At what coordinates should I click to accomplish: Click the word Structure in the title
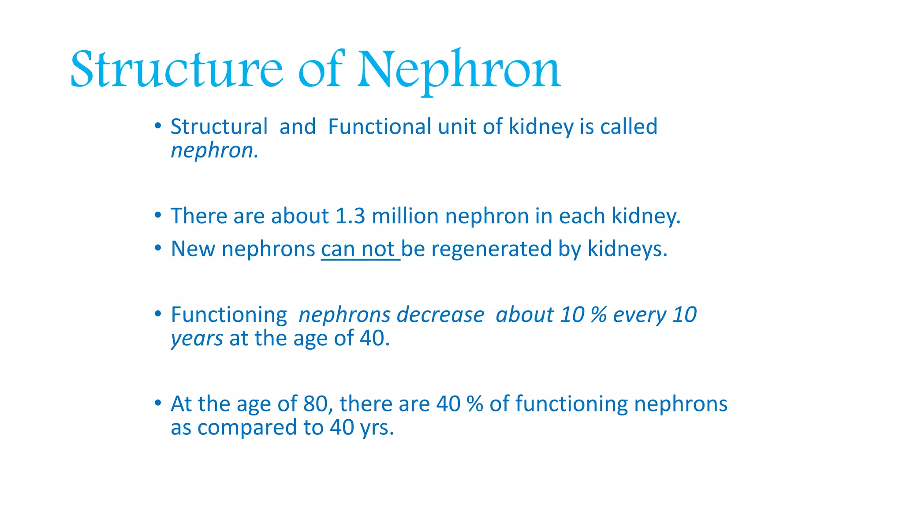(x=176, y=70)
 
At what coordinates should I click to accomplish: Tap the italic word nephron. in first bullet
(x=214, y=151)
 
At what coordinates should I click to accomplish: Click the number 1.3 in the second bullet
(x=350, y=216)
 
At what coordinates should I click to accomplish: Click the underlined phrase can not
(x=360, y=249)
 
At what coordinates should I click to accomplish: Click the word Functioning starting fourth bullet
(x=229, y=315)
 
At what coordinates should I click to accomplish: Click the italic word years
(x=197, y=339)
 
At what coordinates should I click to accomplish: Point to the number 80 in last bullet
(x=315, y=404)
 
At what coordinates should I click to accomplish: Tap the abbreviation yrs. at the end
(x=377, y=428)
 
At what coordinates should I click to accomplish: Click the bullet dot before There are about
(x=158, y=216)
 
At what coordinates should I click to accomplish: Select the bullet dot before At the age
(x=158, y=403)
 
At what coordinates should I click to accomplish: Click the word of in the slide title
(x=321, y=70)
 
